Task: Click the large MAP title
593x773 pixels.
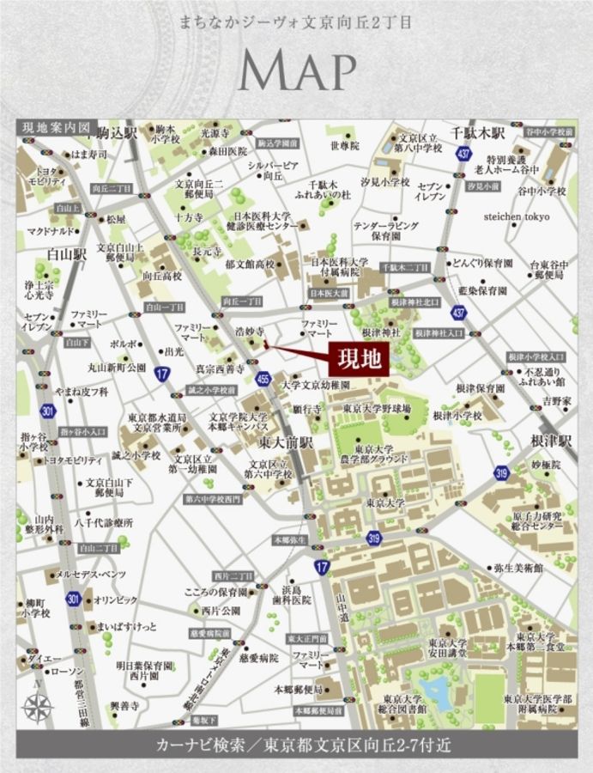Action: [297, 71]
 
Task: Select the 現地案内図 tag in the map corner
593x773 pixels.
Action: [54, 128]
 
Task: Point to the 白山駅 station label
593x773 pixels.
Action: [68, 254]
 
